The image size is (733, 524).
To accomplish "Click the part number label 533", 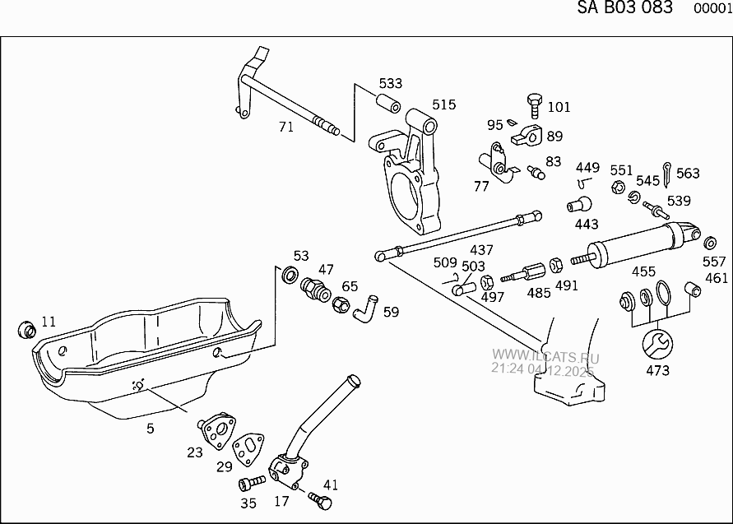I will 391,84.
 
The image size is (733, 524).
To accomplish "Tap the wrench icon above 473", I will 658,344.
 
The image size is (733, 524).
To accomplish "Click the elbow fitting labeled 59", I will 364,308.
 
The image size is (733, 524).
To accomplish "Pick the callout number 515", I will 443,105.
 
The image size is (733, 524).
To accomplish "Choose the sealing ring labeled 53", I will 290,274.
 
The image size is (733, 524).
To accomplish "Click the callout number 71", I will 285,127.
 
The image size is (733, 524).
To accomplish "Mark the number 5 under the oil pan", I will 151,428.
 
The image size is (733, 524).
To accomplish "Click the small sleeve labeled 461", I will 692,290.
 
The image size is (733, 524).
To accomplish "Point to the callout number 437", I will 481,249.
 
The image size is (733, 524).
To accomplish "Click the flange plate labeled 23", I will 216,429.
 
